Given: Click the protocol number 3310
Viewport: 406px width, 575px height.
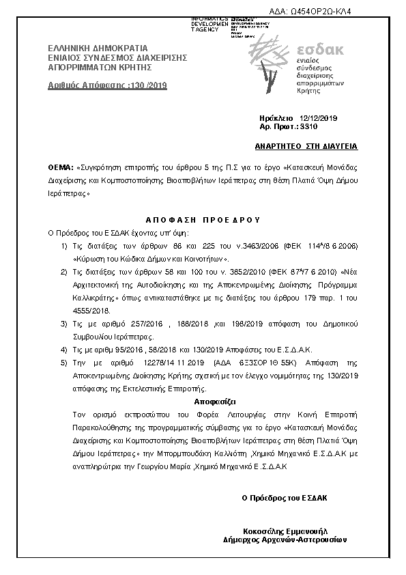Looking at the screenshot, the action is coord(310,127).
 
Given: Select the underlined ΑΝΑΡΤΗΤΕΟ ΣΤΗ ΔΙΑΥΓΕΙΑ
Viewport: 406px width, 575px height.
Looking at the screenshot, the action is coord(306,147).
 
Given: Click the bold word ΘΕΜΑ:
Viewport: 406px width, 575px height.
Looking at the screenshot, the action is coord(61,167).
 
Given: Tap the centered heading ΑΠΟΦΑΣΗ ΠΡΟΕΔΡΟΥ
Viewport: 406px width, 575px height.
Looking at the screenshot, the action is coord(203,220).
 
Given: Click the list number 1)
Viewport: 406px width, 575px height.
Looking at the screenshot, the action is coord(63,244).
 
